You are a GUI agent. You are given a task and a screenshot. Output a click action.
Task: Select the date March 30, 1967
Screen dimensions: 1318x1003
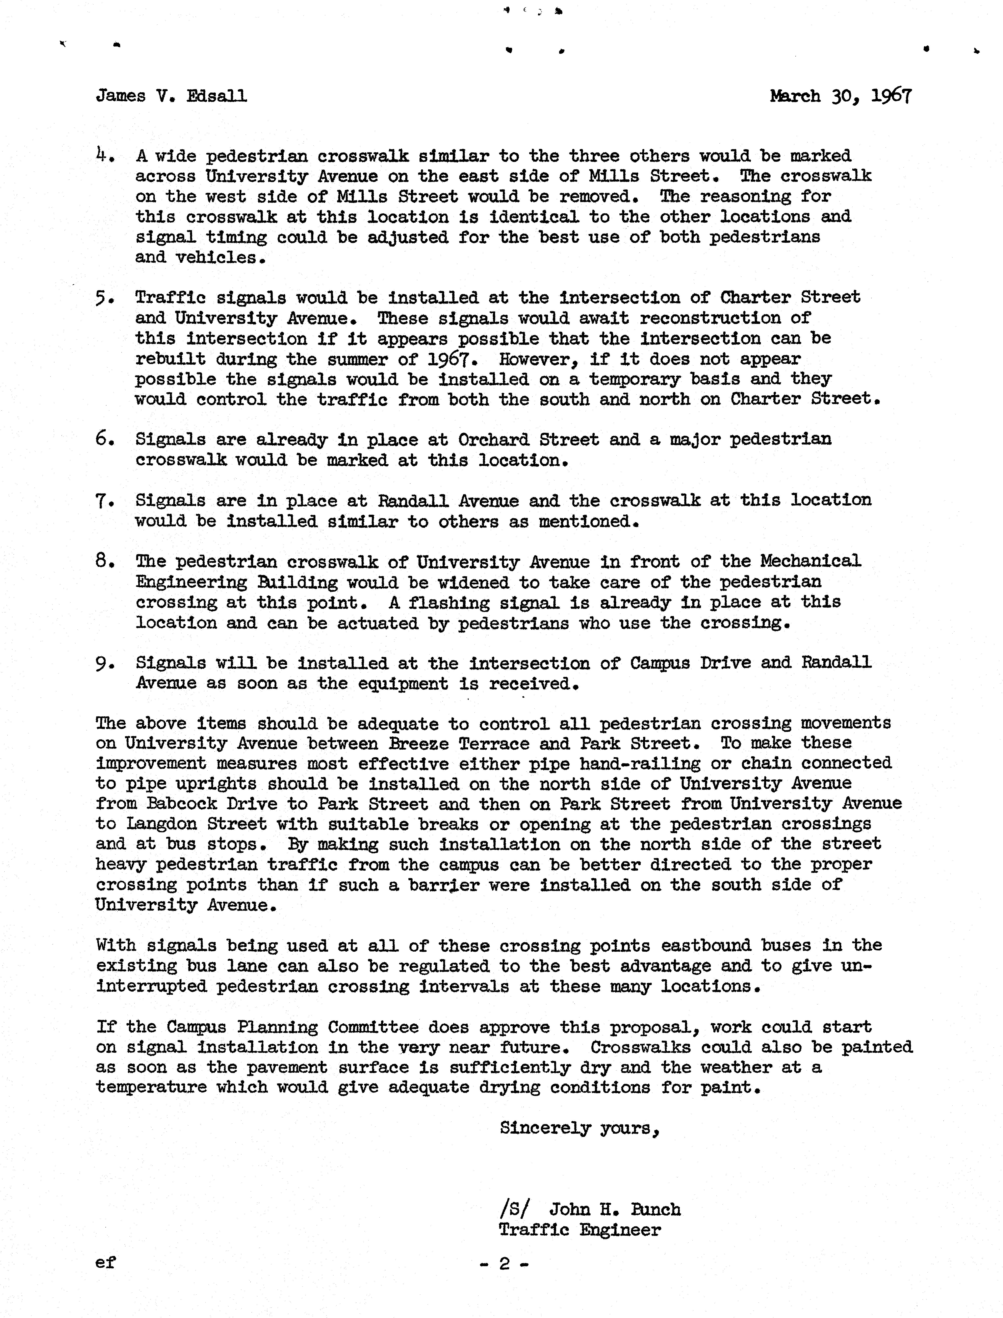coord(841,96)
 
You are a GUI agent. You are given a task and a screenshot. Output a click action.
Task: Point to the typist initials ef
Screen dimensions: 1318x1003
coord(106,1263)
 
